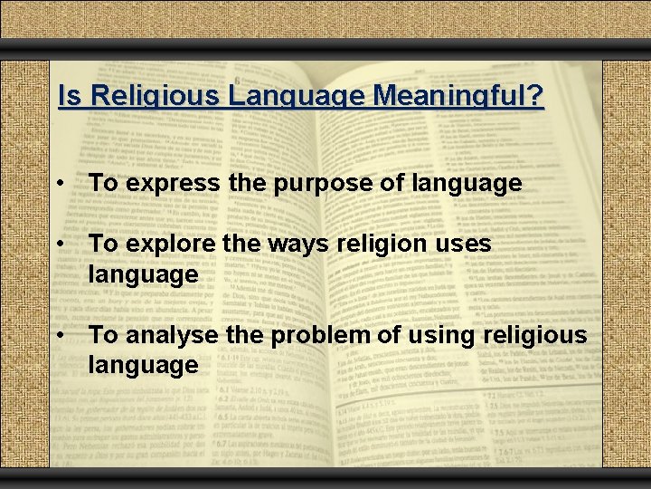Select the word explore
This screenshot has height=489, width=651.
pyautogui.click(x=171, y=244)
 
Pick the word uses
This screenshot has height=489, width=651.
pyautogui.click(x=465, y=244)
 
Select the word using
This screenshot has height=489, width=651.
pyautogui.click(x=446, y=335)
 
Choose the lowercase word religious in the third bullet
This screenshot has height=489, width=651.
pyautogui.click(x=538, y=335)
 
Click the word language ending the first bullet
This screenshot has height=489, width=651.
pyautogui.click(x=467, y=184)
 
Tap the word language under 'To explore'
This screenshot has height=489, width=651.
pyautogui.click(x=143, y=274)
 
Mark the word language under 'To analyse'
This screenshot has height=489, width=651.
pyautogui.click(x=143, y=365)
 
